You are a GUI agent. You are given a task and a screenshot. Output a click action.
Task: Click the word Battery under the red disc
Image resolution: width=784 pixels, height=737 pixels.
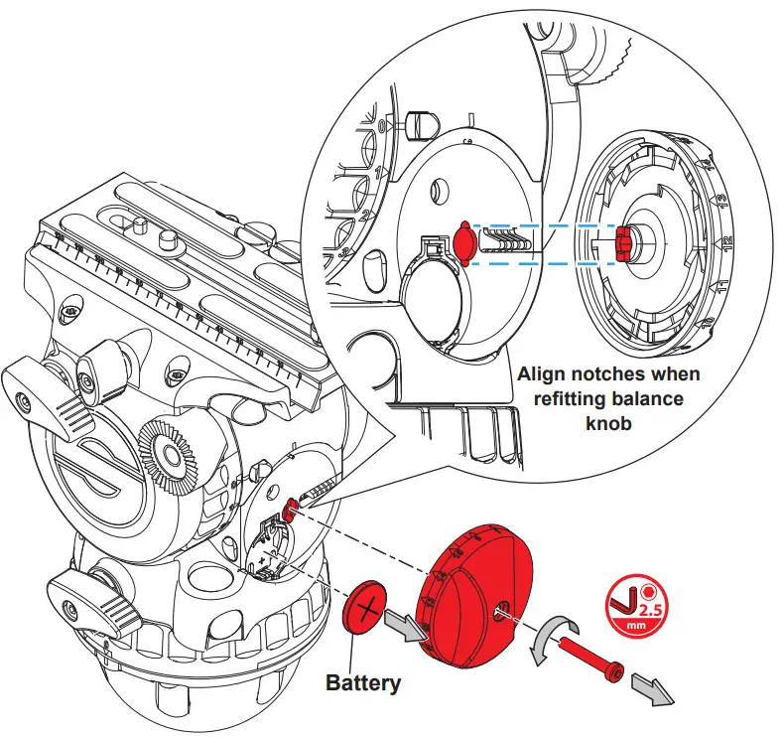point(363,682)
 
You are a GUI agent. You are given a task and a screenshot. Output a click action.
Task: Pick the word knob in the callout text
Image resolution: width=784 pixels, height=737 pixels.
point(608,422)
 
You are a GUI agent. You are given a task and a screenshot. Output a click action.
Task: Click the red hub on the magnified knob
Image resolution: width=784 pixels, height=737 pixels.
point(624,240)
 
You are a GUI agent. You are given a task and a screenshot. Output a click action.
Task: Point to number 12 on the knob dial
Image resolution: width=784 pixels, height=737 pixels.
point(726,241)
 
